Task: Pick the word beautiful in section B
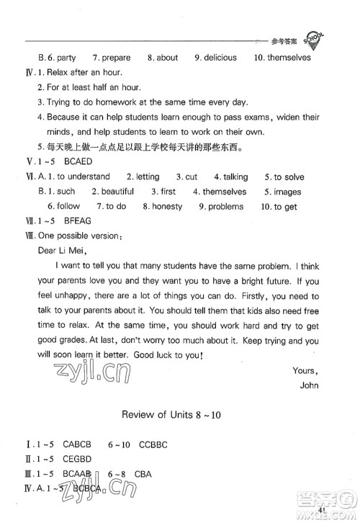117,192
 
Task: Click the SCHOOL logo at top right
315,40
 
